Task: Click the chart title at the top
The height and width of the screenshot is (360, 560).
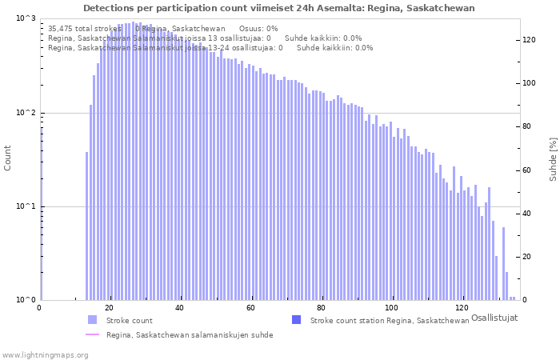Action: coord(278,8)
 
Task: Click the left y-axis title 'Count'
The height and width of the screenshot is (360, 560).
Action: coord(8,158)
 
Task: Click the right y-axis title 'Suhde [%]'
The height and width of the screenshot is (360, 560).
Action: coord(553,158)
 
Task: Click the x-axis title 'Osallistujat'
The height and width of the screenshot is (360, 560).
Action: coord(494,318)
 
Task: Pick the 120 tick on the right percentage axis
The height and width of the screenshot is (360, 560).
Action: coord(529,40)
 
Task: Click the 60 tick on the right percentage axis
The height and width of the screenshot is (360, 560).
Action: coord(526,170)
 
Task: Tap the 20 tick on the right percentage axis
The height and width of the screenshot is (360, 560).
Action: coord(526,257)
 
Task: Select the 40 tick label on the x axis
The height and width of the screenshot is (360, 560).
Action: coord(180,308)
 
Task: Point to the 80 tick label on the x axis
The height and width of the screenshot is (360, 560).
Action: coord(320,308)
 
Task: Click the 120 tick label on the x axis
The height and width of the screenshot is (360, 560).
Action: coord(461,308)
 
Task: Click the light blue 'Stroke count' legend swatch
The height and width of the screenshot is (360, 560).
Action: coord(93,320)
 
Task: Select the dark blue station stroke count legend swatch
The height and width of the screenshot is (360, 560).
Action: coord(297,320)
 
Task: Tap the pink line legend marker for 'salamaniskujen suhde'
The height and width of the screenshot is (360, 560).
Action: coord(93,334)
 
